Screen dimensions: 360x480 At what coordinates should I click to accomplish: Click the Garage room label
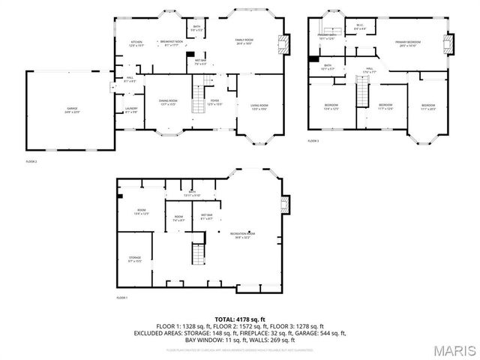point(72,109)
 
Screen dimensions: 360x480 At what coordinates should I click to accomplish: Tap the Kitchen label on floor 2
point(136,43)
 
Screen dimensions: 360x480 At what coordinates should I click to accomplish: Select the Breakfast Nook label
point(171,43)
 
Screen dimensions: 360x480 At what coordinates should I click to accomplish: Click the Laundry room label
point(131,110)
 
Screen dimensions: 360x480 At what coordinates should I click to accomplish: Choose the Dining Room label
point(168,102)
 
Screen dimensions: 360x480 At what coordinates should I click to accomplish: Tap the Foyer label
point(215,102)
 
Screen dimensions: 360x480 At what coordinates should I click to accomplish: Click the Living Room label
point(259,106)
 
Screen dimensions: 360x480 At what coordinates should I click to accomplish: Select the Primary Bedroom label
point(411,43)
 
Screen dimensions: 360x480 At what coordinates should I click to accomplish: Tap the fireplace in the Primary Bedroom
point(449,41)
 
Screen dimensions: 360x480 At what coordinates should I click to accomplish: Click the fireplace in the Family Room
point(283,41)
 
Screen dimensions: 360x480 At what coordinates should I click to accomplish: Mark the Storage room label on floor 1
point(134,259)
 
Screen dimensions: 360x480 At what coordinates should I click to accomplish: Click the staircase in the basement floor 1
point(199,253)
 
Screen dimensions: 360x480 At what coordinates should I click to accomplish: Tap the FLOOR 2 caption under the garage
point(31,161)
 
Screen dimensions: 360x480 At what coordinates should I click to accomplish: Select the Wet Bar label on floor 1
point(207,217)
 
